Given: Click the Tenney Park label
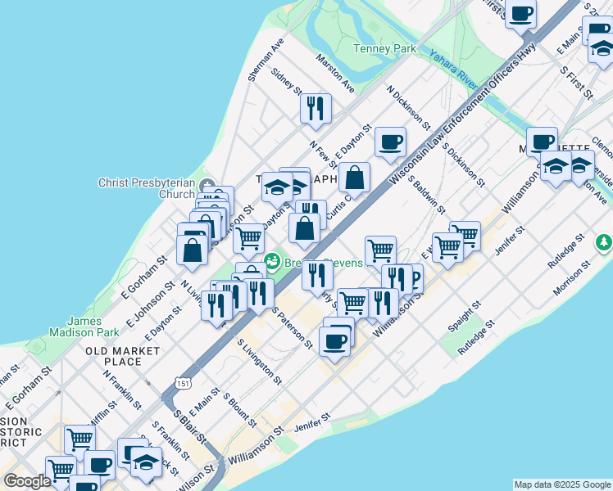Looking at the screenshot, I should point(384,48).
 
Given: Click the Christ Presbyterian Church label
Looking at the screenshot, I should point(148,188).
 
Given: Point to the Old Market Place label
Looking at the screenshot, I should point(114,356).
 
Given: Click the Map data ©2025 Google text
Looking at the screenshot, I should point(562,484).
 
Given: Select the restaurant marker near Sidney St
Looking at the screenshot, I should point(316,108).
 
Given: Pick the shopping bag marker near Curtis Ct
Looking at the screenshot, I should point(354,177).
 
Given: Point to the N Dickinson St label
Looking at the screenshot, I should point(408,108).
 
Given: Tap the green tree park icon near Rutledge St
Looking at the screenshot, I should point(604,242).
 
